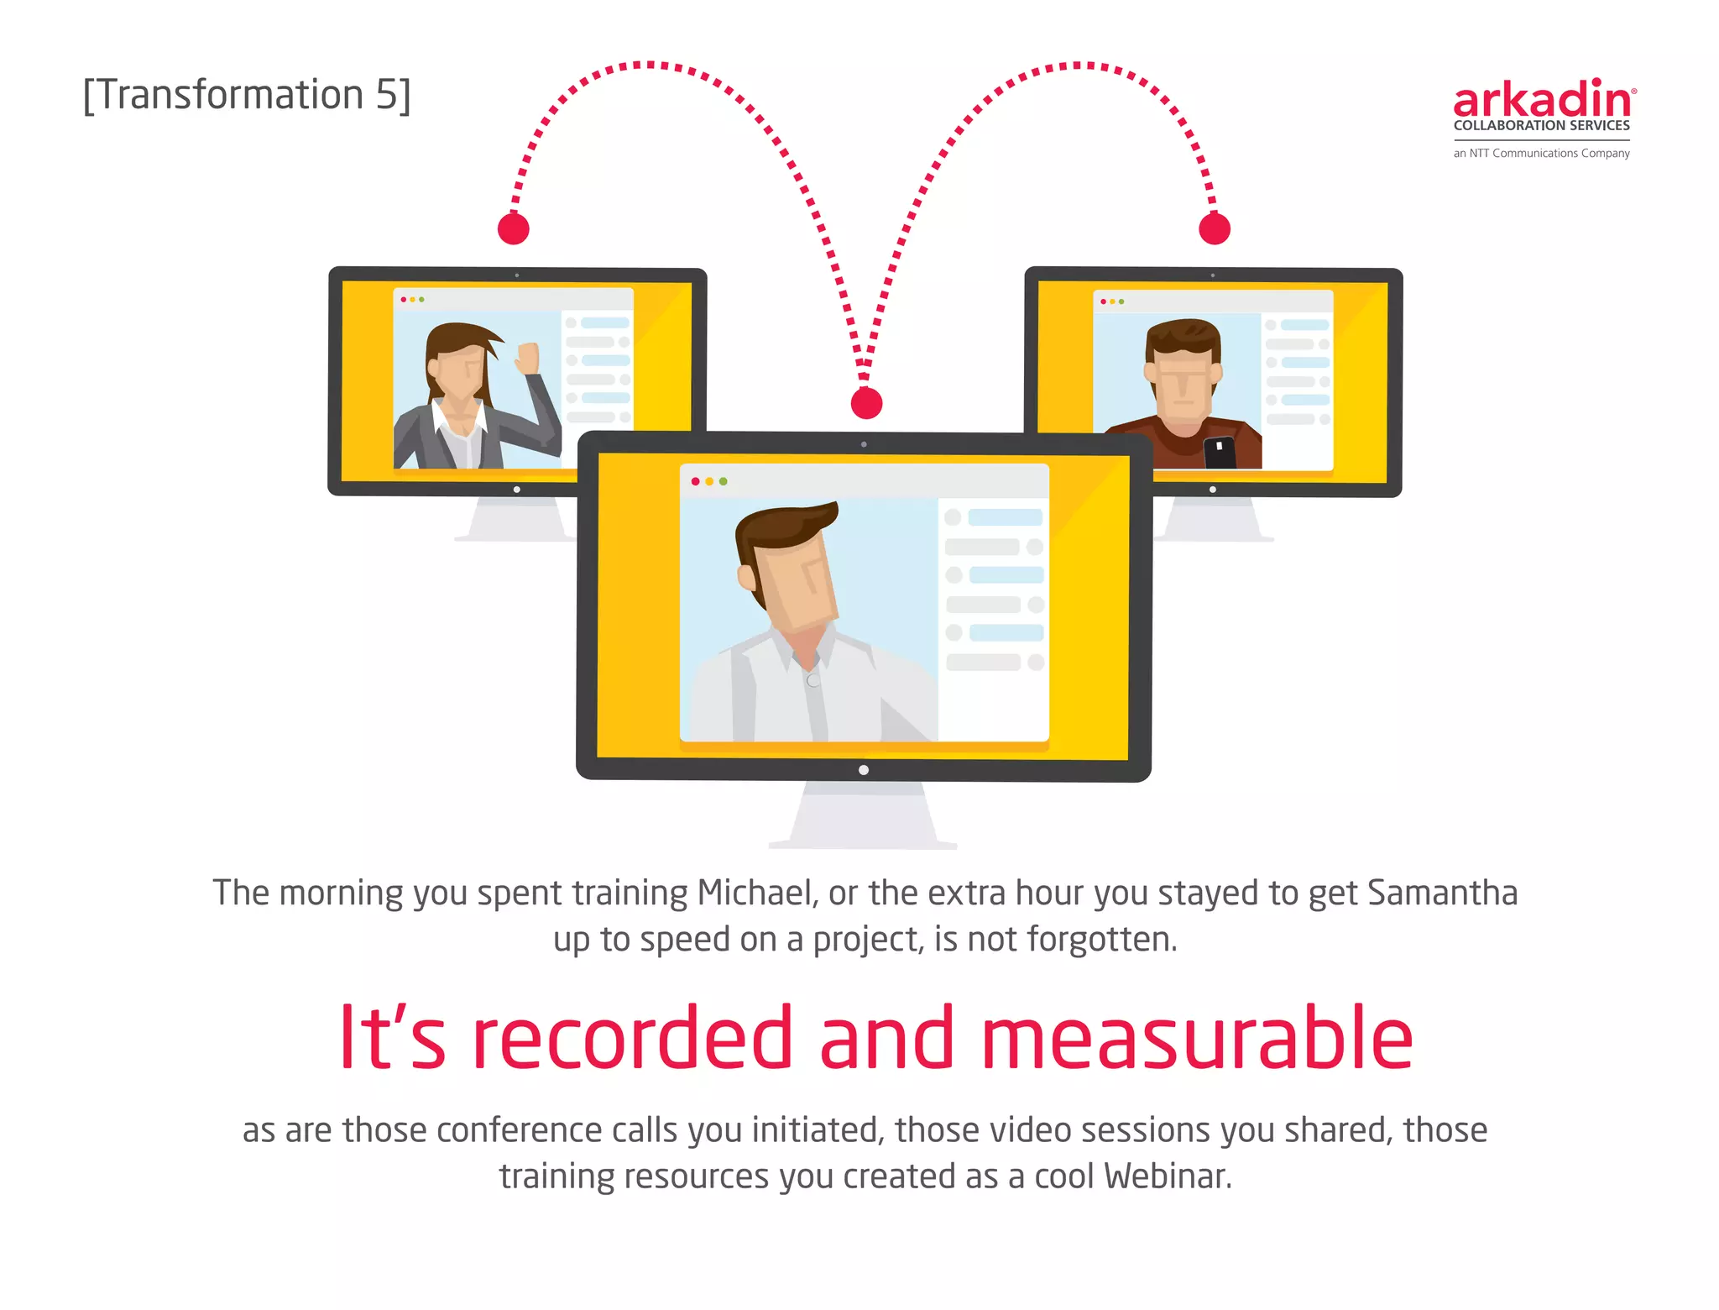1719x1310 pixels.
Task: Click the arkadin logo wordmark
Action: [x=1544, y=101]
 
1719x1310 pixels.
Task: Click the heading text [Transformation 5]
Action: [x=247, y=95]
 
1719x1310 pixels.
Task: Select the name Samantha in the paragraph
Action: [x=1442, y=893]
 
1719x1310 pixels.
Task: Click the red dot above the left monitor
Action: [x=514, y=228]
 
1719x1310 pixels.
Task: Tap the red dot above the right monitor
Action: [x=1215, y=228]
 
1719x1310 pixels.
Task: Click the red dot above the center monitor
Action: [x=866, y=403]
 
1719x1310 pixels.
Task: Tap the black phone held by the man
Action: [x=1220, y=453]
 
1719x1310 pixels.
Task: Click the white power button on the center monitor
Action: [x=864, y=770]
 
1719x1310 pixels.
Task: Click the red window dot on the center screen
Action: [x=695, y=481]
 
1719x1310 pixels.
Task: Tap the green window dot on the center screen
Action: [x=724, y=481]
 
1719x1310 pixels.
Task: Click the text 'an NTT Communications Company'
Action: [x=1541, y=153]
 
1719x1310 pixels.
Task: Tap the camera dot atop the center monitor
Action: [x=864, y=444]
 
